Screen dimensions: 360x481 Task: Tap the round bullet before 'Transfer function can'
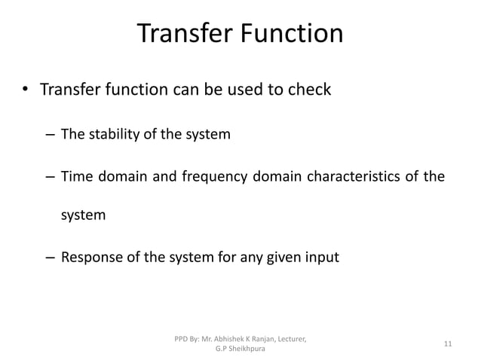tap(25, 92)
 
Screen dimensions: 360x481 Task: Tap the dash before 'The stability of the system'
tap(48, 136)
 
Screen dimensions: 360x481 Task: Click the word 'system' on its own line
tap(84, 216)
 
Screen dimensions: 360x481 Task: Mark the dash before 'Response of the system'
tap(48, 258)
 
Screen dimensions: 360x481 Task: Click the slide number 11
tap(448, 344)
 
